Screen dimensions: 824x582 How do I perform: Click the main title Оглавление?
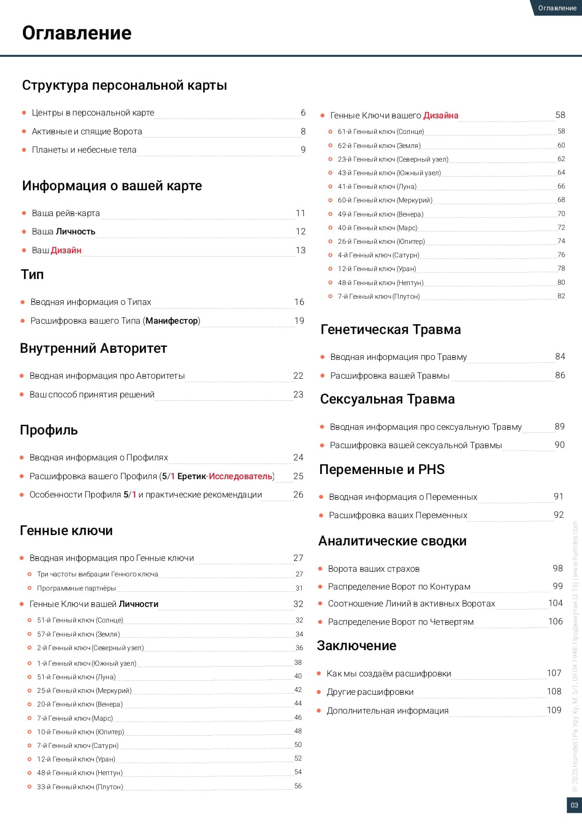tap(77, 33)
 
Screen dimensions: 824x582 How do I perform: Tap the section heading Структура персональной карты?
tap(124, 86)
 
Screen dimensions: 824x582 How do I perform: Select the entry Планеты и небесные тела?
tap(84, 150)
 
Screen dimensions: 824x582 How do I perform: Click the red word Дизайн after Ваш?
tap(66, 250)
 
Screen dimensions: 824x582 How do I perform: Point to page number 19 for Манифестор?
tap(299, 321)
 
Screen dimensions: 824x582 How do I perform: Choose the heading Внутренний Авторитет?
tap(93, 349)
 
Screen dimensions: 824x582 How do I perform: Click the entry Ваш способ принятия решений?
tap(92, 395)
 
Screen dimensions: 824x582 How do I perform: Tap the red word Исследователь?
tap(240, 476)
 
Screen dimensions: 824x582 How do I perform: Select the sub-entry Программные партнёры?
tap(76, 588)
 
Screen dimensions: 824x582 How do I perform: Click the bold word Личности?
tap(138, 604)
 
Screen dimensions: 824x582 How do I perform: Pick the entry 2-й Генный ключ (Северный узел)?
tap(90, 648)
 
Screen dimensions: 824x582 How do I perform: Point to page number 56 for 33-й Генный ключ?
tap(298, 786)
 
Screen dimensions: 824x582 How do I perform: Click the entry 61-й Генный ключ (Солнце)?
tap(381, 132)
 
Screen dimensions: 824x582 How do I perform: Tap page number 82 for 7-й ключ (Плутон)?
tap(561, 296)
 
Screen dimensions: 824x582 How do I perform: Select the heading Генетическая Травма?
tap(391, 330)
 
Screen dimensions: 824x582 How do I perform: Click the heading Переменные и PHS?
tap(382, 470)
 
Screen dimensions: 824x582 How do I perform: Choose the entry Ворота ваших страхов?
tap(374, 569)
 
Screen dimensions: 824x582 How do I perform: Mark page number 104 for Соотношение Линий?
tap(555, 603)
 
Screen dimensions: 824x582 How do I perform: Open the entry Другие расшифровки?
tap(370, 692)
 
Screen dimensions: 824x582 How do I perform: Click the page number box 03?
tap(574, 805)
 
